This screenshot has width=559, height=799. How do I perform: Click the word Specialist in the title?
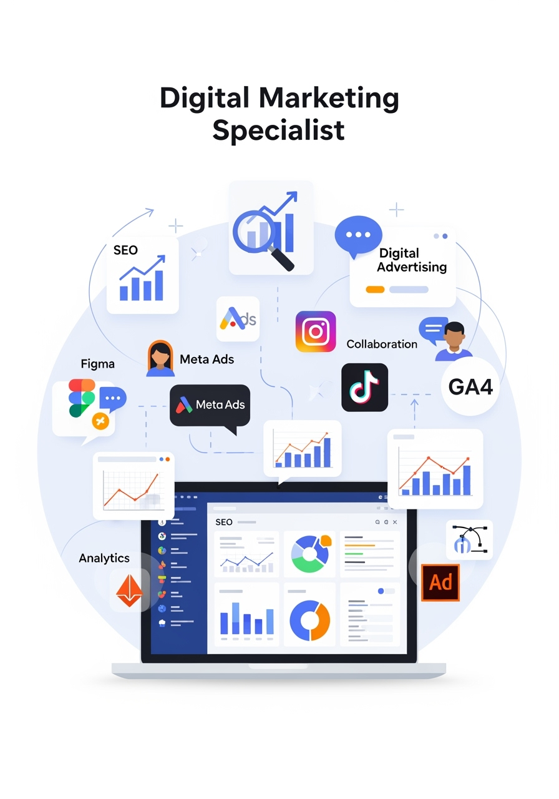[x=278, y=131]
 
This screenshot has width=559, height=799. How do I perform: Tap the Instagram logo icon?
[x=316, y=331]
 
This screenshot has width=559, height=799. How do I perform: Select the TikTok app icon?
[x=364, y=388]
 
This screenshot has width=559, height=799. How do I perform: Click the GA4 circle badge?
[x=470, y=386]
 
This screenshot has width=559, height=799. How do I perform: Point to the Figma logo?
[x=82, y=398]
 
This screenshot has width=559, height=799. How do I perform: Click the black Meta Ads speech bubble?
[x=210, y=406]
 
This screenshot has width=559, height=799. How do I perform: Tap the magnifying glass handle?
[x=281, y=258]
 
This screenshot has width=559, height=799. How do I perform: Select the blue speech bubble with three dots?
[x=358, y=236]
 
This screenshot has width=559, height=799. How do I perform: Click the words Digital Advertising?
[x=412, y=260]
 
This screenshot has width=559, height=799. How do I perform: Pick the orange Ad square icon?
[x=440, y=582]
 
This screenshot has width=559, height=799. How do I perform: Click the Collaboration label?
[x=382, y=344]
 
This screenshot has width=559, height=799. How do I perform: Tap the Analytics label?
[x=104, y=558]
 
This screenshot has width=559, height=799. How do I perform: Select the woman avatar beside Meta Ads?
[x=160, y=358]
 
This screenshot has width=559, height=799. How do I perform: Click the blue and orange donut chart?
[x=309, y=620]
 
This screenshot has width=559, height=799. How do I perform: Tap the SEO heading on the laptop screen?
[x=224, y=522]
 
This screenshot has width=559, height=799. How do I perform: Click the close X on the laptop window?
[x=395, y=522]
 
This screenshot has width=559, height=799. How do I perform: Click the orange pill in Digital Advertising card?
[x=375, y=289]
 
